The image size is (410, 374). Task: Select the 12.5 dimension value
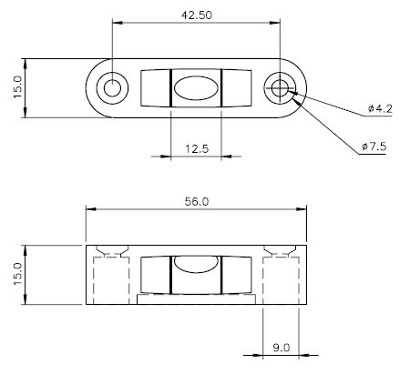coord(196,148)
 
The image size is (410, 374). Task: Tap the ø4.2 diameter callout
coord(379,109)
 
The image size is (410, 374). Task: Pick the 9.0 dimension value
coord(281,347)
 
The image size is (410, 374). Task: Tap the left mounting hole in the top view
coord(112,88)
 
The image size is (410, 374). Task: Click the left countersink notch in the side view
coord(114,251)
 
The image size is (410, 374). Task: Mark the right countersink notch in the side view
coord(280,251)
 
